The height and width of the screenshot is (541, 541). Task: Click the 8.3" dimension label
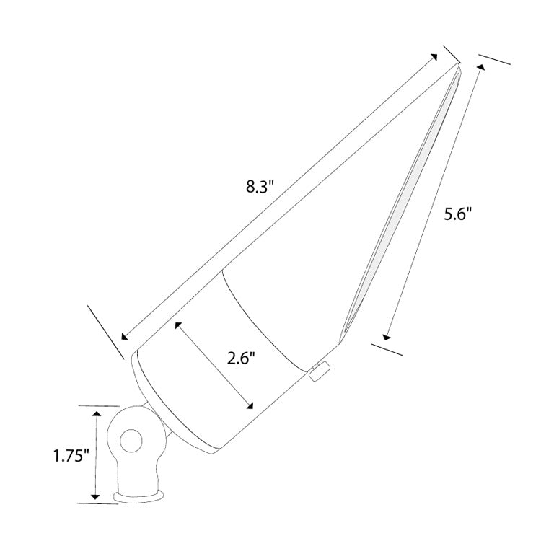(x=261, y=188)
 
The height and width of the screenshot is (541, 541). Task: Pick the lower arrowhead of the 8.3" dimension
(x=126, y=335)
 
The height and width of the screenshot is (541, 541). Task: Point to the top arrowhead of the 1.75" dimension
(x=95, y=413)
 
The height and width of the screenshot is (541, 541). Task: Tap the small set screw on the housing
(x=317, y=371)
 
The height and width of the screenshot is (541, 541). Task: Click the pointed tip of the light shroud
(x=458, y=66)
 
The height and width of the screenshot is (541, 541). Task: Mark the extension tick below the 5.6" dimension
(x=388, y=349)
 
